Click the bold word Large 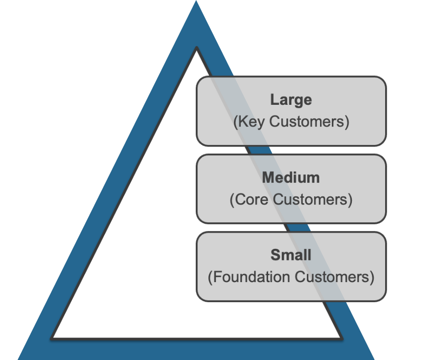(291, 100)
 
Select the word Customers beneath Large (309, 122)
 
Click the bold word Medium (291, 178)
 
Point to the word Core (251, 200)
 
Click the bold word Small (291, 255)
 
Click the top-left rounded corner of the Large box (200, 80)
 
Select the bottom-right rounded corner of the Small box (383, 297)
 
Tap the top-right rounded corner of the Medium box (383, 158)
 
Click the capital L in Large (274, 100)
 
